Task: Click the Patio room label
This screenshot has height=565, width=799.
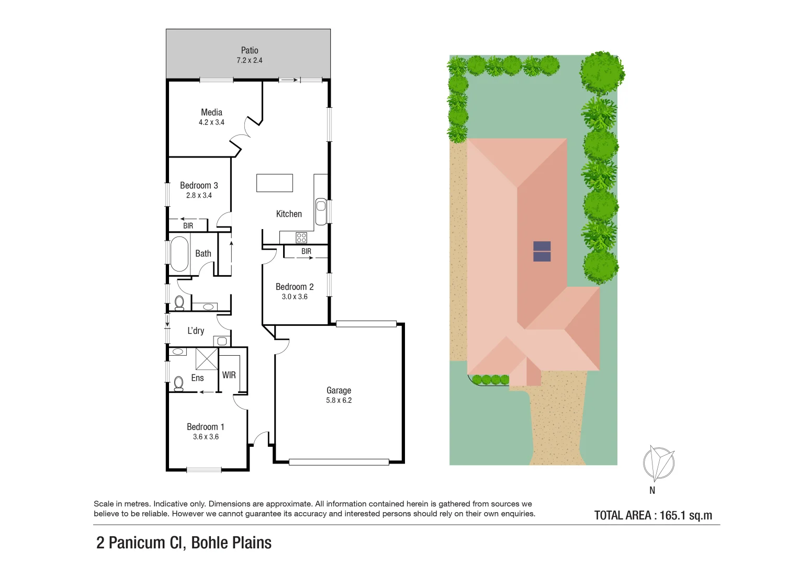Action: click(250, 50)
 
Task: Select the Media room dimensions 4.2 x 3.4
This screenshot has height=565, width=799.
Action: click(211, 122)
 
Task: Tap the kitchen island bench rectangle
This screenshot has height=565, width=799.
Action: click(274, 183)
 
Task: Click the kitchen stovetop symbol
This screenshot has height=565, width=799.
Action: click(301, 238)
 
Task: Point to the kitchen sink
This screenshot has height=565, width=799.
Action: click(321, 206)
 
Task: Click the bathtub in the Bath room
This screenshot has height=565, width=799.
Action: click(179, 254)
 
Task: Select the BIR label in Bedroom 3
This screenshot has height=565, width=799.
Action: click(188, 226)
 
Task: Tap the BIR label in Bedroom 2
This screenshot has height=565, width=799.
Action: click(306, 252)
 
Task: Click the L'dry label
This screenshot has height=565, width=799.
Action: click(196, 331)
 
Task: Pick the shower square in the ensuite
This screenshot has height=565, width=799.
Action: click(206, 359)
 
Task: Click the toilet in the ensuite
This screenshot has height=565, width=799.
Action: click(178, 383)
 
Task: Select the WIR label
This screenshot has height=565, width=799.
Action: click(229, 375)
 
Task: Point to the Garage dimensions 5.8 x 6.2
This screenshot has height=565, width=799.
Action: click(339, 400)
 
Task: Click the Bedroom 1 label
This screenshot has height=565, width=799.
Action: click(205, 427)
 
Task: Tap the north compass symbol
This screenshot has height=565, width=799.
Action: click(658, 464)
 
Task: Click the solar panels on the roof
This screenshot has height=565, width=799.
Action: click(542, 251)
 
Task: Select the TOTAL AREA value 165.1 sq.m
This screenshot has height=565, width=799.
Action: click(685, 515)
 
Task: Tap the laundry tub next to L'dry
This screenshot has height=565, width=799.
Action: click(221, 341)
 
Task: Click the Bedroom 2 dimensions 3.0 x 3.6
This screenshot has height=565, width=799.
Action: click(295, 297)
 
